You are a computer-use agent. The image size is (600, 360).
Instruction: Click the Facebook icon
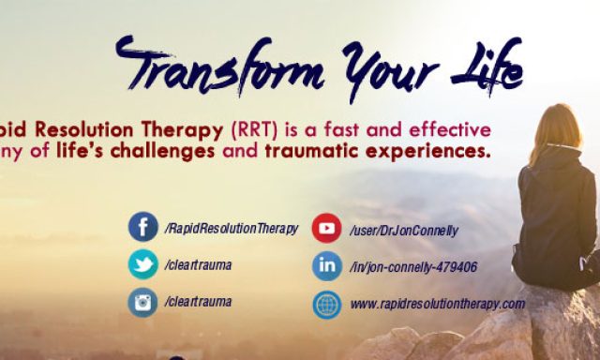[x=143, y=228]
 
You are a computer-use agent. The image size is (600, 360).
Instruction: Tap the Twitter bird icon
[x=143, y=264]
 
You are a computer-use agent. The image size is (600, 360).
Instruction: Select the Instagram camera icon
[x=143, y=302]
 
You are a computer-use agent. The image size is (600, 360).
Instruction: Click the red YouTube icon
[x=326, y=228]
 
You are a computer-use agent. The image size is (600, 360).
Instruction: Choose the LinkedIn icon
[x=326, y=266]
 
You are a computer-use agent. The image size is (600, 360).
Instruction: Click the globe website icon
[x=326, y=304]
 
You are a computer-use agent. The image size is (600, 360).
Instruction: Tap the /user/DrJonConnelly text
[x=404, y=229]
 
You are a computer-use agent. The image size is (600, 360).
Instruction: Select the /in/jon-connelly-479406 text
[x=412, y=267]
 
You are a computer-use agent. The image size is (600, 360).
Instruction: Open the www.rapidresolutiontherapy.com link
[x=437, y=304]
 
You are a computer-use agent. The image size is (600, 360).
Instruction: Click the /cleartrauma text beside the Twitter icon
[x=198, y=265]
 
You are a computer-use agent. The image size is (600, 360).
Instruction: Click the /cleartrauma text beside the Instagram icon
[x=198, y=302]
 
